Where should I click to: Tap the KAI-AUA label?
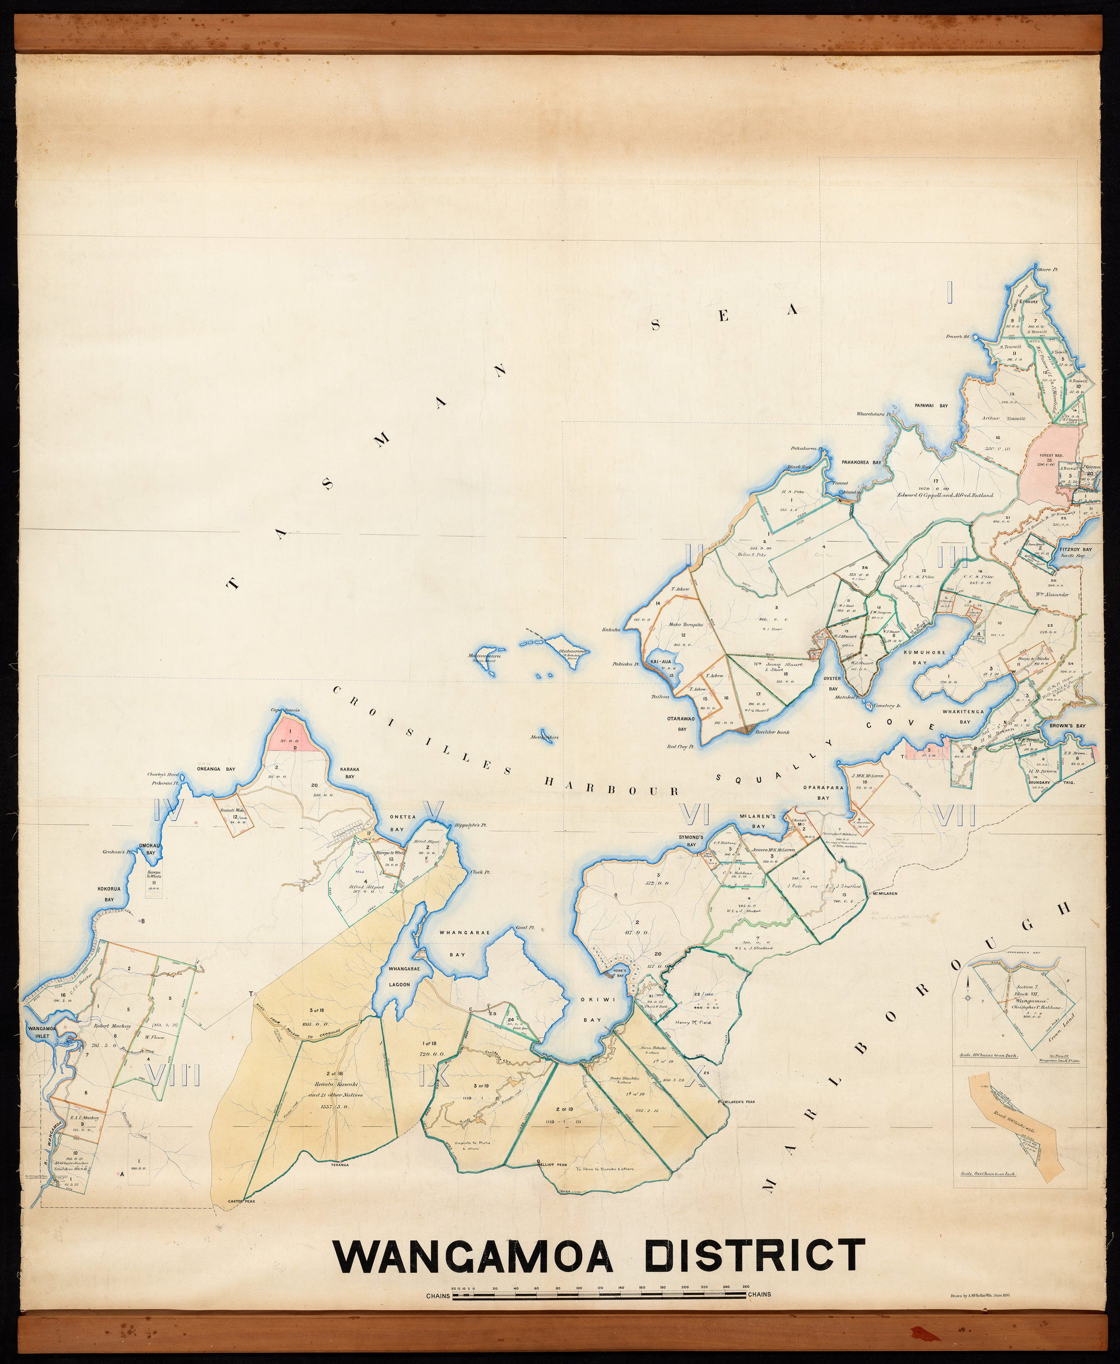662,662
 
